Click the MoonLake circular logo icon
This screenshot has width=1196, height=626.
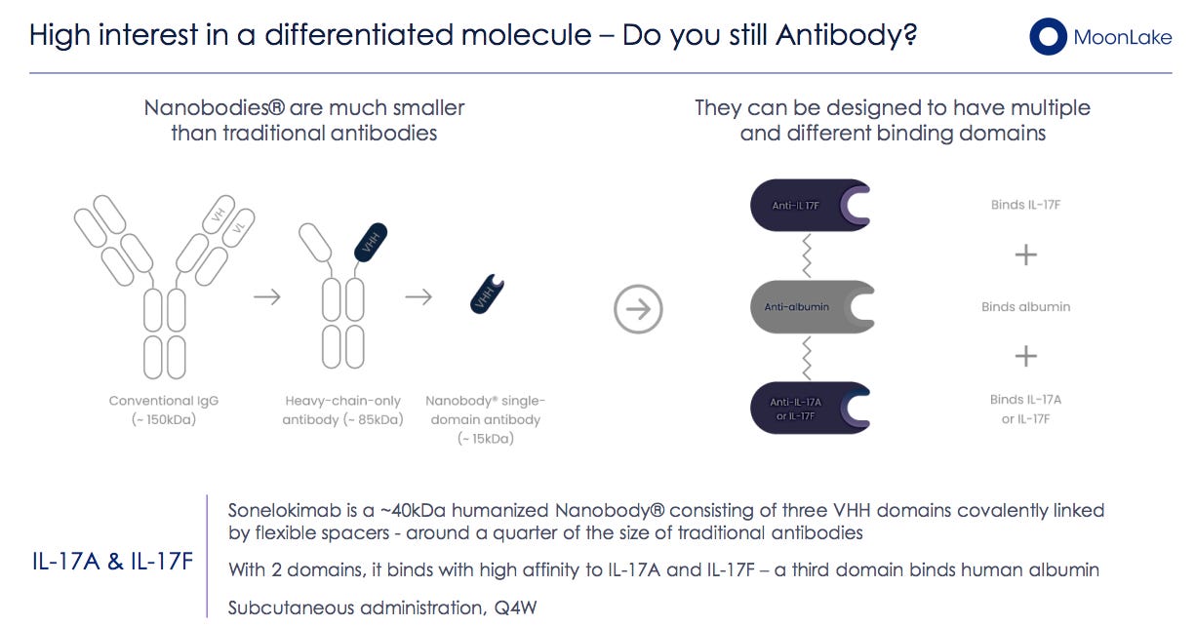1048,37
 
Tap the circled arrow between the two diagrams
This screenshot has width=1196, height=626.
638,309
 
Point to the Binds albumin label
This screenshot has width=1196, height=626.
1025,306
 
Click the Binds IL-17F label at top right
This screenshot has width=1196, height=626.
1025,205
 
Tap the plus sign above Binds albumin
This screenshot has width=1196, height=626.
1025,255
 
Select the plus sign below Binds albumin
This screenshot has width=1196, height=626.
1025,356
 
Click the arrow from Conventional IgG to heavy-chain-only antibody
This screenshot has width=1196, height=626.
266,296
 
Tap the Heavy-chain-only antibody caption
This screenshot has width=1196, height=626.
342,410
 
